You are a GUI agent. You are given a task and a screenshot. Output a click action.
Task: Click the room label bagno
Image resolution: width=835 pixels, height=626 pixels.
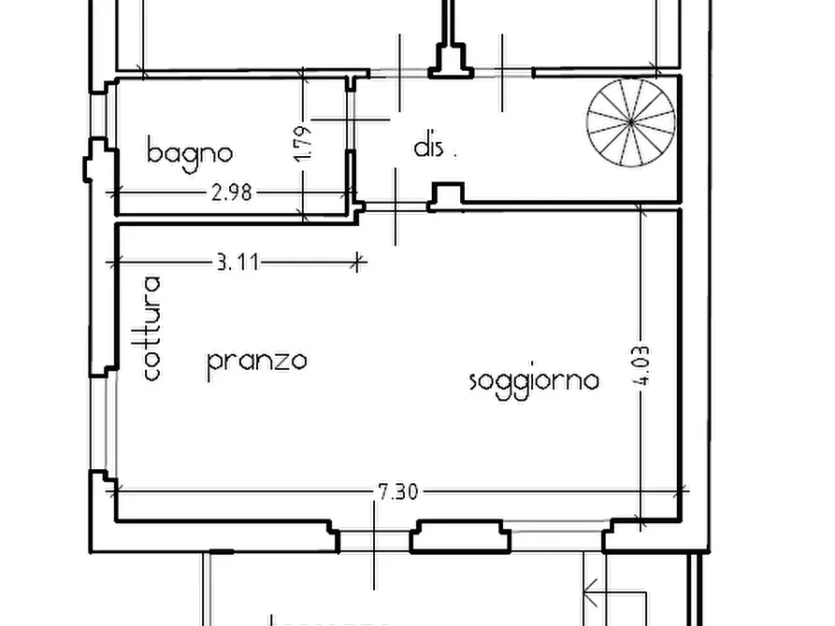189,152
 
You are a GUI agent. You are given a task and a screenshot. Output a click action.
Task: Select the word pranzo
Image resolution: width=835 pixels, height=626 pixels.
256,361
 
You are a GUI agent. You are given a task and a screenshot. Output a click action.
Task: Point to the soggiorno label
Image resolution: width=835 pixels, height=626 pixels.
533,380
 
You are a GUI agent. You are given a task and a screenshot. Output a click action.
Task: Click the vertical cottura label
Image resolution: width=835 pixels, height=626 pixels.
152,328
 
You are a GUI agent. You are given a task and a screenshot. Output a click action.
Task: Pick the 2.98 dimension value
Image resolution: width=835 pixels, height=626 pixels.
232,193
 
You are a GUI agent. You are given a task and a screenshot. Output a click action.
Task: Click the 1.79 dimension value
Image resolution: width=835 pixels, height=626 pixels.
302,144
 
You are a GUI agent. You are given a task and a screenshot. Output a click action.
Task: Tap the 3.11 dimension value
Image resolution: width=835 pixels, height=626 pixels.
237,263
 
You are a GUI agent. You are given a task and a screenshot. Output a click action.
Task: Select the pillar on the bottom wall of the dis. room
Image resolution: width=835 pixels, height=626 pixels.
447,196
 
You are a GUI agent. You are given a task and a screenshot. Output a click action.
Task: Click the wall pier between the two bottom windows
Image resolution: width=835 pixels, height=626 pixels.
461,536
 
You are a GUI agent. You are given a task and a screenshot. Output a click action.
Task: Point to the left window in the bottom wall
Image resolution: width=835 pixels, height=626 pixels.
374,540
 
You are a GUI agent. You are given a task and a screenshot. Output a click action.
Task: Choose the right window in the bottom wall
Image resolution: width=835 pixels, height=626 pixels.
556,536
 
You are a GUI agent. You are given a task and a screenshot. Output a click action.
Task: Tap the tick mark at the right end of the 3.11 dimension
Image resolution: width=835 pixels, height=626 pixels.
356,263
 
